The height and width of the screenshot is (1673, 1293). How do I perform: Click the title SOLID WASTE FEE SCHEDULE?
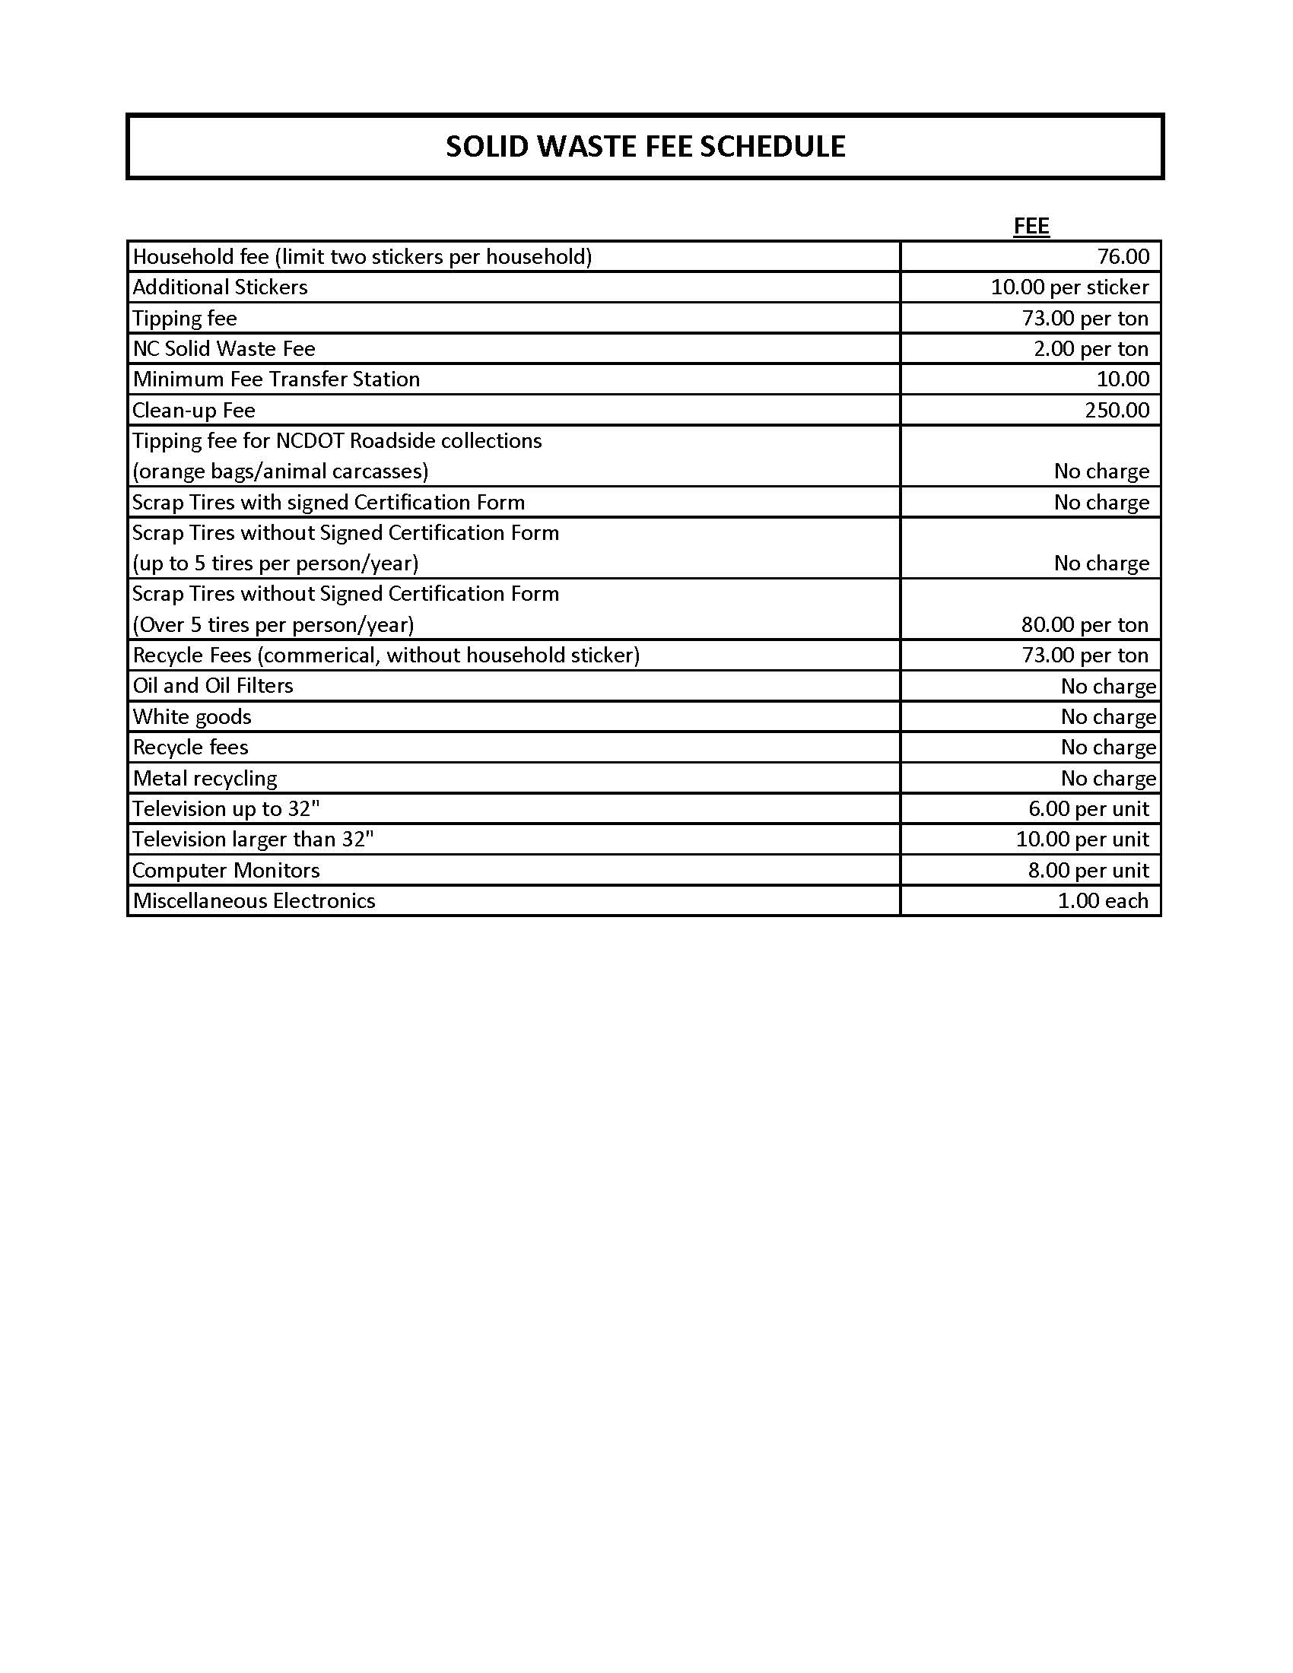[645, 146]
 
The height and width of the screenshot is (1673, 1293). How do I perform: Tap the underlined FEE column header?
[1031, 226]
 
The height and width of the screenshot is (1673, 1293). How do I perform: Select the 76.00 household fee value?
[1123, 256]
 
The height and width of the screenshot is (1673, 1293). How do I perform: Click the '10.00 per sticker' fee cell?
[1069, 287]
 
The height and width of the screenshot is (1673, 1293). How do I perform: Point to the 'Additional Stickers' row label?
[220, 287]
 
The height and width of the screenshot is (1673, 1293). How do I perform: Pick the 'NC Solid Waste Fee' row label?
[224, 348]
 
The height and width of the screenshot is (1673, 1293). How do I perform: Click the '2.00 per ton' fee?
[1091, 348]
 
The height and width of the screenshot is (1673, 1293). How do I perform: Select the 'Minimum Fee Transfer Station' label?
[276, 379]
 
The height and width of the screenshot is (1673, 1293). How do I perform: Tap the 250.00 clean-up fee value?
[1117, 410]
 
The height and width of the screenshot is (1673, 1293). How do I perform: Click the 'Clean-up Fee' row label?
[194, 410]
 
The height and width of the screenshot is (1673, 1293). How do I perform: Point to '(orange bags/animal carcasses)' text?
[281, 471]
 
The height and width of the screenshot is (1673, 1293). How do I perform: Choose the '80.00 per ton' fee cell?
[1085, 624]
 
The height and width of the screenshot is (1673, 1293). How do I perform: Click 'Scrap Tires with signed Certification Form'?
[329, 502]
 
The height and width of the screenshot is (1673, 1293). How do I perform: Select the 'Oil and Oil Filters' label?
[213, 686]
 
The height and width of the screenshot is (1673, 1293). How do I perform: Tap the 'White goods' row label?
[192, 716]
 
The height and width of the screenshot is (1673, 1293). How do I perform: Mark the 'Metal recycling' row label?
[205, 778]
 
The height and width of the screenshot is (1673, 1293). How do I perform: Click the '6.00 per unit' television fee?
[1088, 809]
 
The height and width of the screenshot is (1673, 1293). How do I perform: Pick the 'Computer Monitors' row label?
[226, 870]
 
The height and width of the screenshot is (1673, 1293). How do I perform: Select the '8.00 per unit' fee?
[1088, 870]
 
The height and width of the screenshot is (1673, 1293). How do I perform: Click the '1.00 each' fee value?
[1103, 901]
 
